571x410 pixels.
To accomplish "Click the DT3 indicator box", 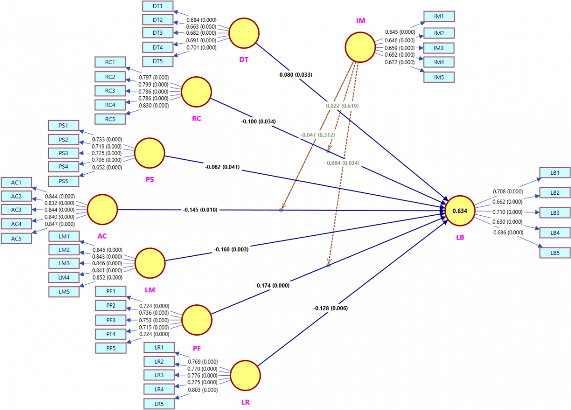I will tap(158, 33).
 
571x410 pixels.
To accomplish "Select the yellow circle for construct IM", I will tap(360, 48).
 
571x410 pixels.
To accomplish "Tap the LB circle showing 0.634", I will tap(460, 210).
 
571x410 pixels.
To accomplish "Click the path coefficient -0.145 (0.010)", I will tap(200, 210).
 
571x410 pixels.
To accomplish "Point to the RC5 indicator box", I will tap(110, 119).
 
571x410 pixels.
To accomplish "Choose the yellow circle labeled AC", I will tap(102, 210).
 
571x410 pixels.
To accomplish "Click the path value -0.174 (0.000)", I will tap(272, 286).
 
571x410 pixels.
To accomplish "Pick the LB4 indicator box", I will tap(555, 233).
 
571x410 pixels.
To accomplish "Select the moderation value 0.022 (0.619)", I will tap(342, 106).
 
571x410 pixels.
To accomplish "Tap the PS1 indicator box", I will tap(64, 126).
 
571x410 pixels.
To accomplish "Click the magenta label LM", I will tap(150, 290).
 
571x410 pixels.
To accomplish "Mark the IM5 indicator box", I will tap(439, 77).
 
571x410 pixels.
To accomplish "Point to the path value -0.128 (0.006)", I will tap(330, 308).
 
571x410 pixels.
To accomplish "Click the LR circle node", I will tap(245, 375).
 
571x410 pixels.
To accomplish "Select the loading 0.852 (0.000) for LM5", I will tap(108, 277).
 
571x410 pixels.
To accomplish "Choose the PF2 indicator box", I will tap(111, 305).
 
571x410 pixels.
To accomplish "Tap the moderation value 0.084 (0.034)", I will tap(343, 163).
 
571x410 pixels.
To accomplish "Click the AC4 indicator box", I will tap(17, 224).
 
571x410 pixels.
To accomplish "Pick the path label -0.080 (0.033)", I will tap(295, 75).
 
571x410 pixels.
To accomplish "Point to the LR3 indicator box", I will tap(159, 375).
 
